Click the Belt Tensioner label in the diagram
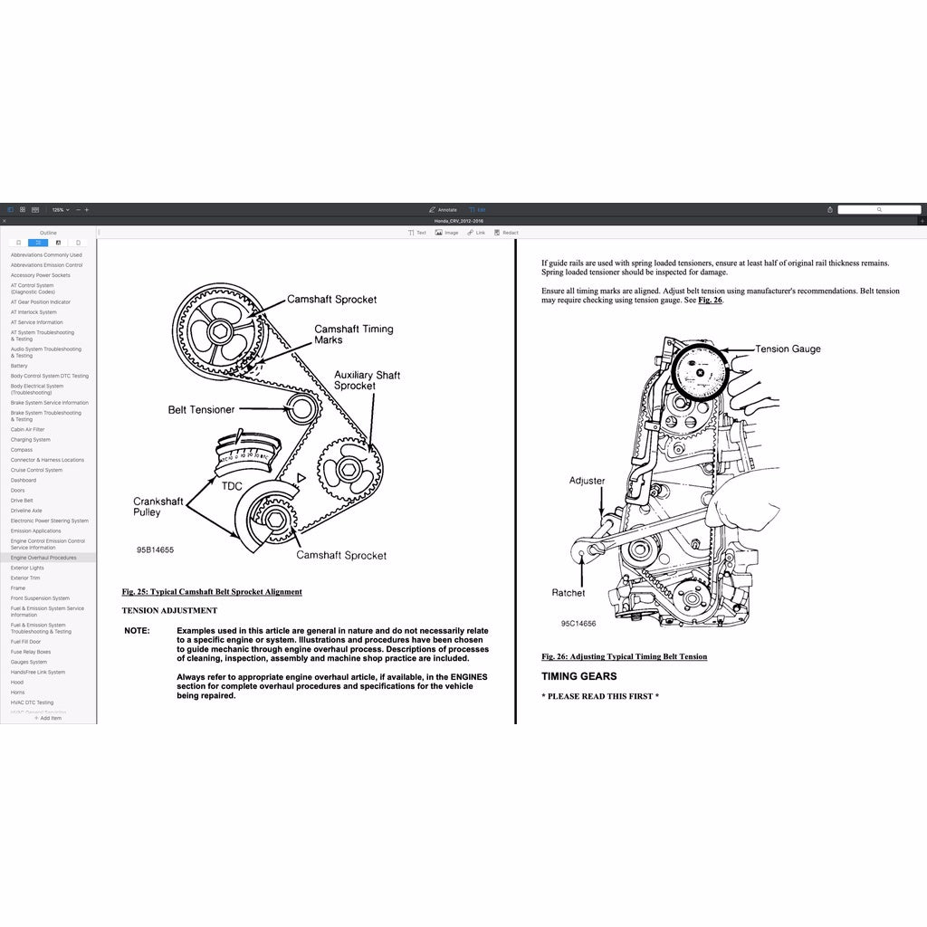201,410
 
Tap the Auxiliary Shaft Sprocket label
367,380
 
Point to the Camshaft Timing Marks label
353,334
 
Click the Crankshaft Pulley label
158,507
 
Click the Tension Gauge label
788,349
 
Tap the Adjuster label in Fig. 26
587,481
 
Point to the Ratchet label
569,593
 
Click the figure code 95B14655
156,550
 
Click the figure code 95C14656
578,624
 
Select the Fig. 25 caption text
212,592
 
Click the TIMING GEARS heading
579,676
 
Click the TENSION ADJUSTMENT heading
169,611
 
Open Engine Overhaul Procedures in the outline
43,558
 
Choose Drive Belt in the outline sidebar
22,501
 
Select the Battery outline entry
19,366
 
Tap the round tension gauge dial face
698,372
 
